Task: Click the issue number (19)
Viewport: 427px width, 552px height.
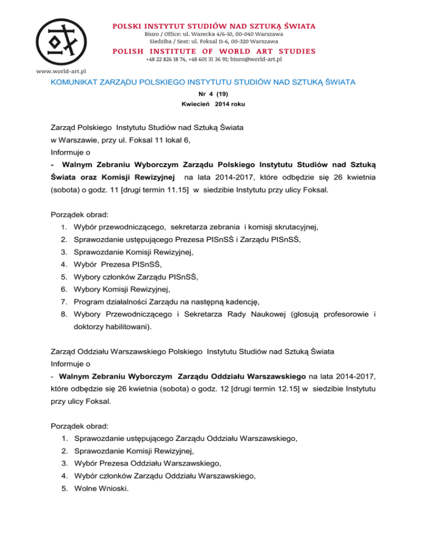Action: (227, 94)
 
